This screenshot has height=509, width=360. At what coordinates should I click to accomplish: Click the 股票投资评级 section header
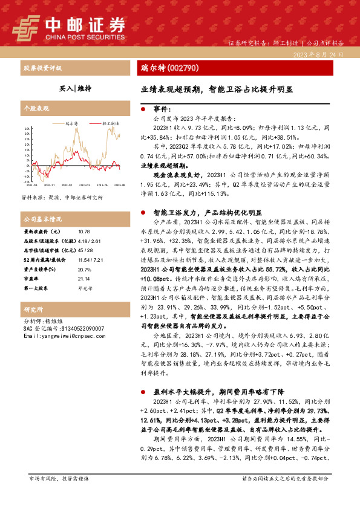(x=42, y=68)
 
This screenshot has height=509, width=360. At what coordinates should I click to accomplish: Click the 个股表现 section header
(x=36, y=108)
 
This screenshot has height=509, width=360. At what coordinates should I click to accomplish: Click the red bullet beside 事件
(x=142, y=109)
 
